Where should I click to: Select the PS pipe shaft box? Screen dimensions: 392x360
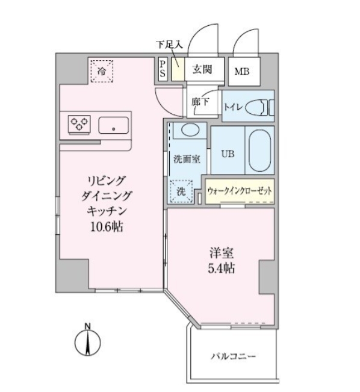click(163, 69)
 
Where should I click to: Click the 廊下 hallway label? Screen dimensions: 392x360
click(200, 102)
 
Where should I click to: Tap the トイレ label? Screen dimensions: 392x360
click(234, 107)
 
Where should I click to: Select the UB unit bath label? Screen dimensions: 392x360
click(227, 153)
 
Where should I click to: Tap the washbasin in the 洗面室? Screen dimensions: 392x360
click(189, 131)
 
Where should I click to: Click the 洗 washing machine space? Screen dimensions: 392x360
click(181, 192)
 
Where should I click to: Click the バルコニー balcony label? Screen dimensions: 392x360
click(233, 356)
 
